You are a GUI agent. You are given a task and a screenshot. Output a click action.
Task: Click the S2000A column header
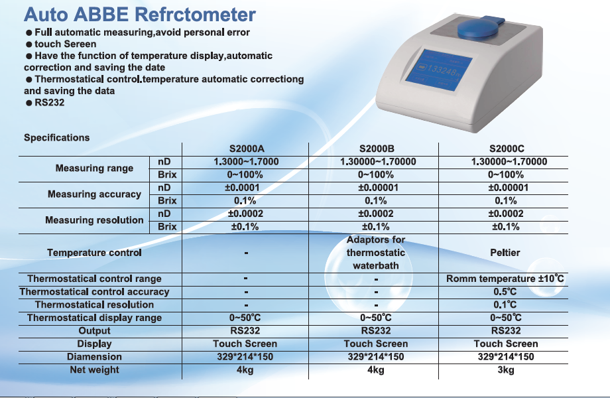(247, 149)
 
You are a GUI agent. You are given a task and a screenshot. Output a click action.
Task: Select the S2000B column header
(377, 149)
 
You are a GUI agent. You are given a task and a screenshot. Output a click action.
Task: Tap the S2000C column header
(507, 149)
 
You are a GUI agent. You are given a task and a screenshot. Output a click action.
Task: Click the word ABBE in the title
(100, 15)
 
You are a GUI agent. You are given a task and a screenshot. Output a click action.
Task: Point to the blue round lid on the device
(478, 29)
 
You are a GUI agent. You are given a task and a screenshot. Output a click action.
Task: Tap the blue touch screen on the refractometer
(439, 70)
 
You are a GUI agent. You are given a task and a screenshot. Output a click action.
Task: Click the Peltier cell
(505, 253)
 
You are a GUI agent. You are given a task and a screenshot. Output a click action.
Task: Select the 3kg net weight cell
(505, 370)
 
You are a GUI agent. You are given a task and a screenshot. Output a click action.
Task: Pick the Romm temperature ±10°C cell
(505, 279)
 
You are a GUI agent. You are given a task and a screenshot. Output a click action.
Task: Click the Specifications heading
(57, 138)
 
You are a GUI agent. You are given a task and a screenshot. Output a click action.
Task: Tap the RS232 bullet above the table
(45, 103)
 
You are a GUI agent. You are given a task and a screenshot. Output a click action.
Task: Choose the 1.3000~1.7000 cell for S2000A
(246, 161)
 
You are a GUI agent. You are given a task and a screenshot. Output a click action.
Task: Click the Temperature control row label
(95, 253)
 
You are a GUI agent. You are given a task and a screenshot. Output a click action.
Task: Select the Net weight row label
(95, 370)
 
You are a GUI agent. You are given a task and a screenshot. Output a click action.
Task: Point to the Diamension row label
(95, 357)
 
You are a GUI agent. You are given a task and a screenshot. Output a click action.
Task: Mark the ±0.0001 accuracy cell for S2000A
(242, 188)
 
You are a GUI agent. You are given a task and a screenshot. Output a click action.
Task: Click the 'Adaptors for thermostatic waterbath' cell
(376, 253)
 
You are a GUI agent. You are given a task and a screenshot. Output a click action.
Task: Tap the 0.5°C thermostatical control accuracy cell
(505, 292)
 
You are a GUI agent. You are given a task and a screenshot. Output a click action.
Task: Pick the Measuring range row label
(95, 168)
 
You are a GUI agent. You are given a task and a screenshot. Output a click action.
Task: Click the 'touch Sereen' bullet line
(61, 44)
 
